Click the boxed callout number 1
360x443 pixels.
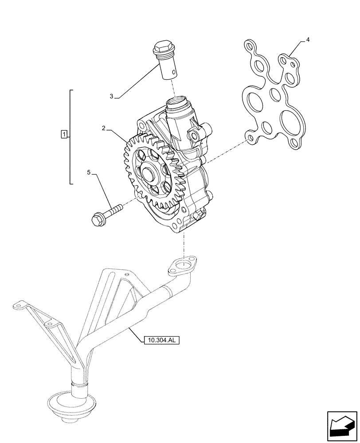click(x=64, y=134)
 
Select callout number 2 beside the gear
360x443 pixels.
click(x=103, y=128)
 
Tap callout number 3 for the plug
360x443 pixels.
click(x=112, y=96)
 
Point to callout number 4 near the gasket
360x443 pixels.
click(x=307, y=40)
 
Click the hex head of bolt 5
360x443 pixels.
click(x=97, y=219)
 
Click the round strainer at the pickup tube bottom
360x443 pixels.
click(x=67, y=403)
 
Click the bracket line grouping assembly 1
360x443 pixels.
click(x=71, y=136)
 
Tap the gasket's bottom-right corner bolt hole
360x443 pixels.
click(x=293, y=143)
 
